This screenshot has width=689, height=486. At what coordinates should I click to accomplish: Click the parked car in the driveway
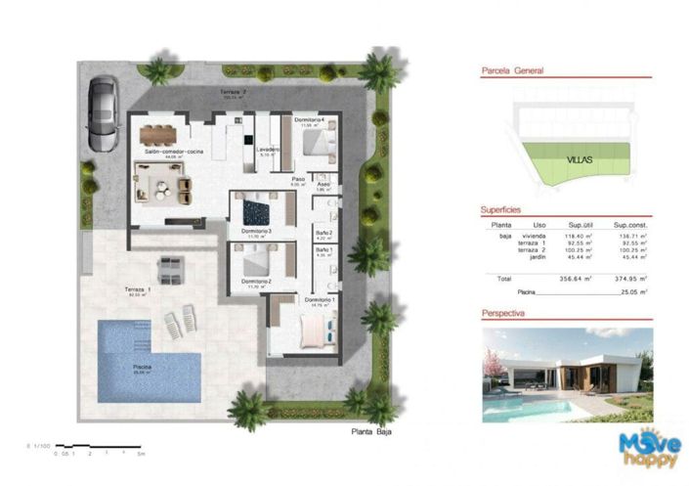pyautogui.click(x=102, y=113)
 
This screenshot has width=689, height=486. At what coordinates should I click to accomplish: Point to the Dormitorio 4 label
pyautogui.click(x=311, y=122)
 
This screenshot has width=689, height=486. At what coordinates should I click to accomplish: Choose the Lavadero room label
pyautogui.click(x=269, y=150)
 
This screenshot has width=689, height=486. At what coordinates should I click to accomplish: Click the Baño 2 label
pyautogui.click(x=323, y=233)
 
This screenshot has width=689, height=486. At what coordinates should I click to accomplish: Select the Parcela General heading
pyautogui.click(x=512, y=71)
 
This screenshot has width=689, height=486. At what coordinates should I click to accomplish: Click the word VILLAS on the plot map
pyautogui.click(x=581, y=157)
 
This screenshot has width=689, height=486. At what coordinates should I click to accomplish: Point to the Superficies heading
pyautogui.click(x=500, y=210)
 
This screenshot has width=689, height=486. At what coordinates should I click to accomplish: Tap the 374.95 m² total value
pyautogui.click(x=626, y=279)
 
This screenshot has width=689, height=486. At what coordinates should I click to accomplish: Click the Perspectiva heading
pyautogui.click(x=504, y=314)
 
